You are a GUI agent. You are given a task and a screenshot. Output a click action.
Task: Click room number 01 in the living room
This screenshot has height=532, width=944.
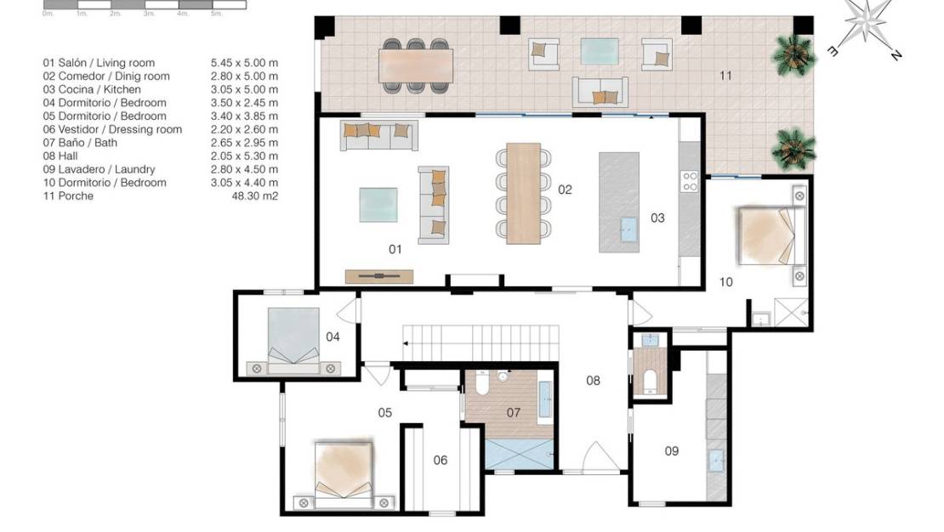395,249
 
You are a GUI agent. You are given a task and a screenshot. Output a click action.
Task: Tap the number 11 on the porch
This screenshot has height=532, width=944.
725,76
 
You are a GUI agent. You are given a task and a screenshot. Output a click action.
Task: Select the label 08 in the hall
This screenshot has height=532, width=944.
593,380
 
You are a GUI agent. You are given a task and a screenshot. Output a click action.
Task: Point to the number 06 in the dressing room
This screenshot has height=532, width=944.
440,461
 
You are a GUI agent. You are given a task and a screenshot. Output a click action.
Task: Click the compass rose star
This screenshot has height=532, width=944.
867,20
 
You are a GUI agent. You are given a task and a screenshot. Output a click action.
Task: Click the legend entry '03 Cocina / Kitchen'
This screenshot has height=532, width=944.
93,89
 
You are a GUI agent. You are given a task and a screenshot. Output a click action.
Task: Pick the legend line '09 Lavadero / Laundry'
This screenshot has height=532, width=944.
100,169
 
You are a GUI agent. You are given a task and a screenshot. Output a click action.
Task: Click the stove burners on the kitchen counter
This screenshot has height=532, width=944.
689,180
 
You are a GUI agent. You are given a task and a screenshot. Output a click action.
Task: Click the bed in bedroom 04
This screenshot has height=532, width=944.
293,336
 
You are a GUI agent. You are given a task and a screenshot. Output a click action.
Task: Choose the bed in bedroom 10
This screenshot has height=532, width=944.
768,236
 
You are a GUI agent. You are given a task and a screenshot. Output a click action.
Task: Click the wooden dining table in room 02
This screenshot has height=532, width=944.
524,194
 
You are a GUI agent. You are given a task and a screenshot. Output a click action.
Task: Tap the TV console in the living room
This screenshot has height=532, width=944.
379,276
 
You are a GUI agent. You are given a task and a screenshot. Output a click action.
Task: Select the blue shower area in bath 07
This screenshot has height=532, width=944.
520,452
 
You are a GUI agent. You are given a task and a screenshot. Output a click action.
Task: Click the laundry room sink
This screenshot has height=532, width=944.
716,461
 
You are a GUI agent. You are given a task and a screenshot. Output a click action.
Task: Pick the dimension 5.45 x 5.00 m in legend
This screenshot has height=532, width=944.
245,63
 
